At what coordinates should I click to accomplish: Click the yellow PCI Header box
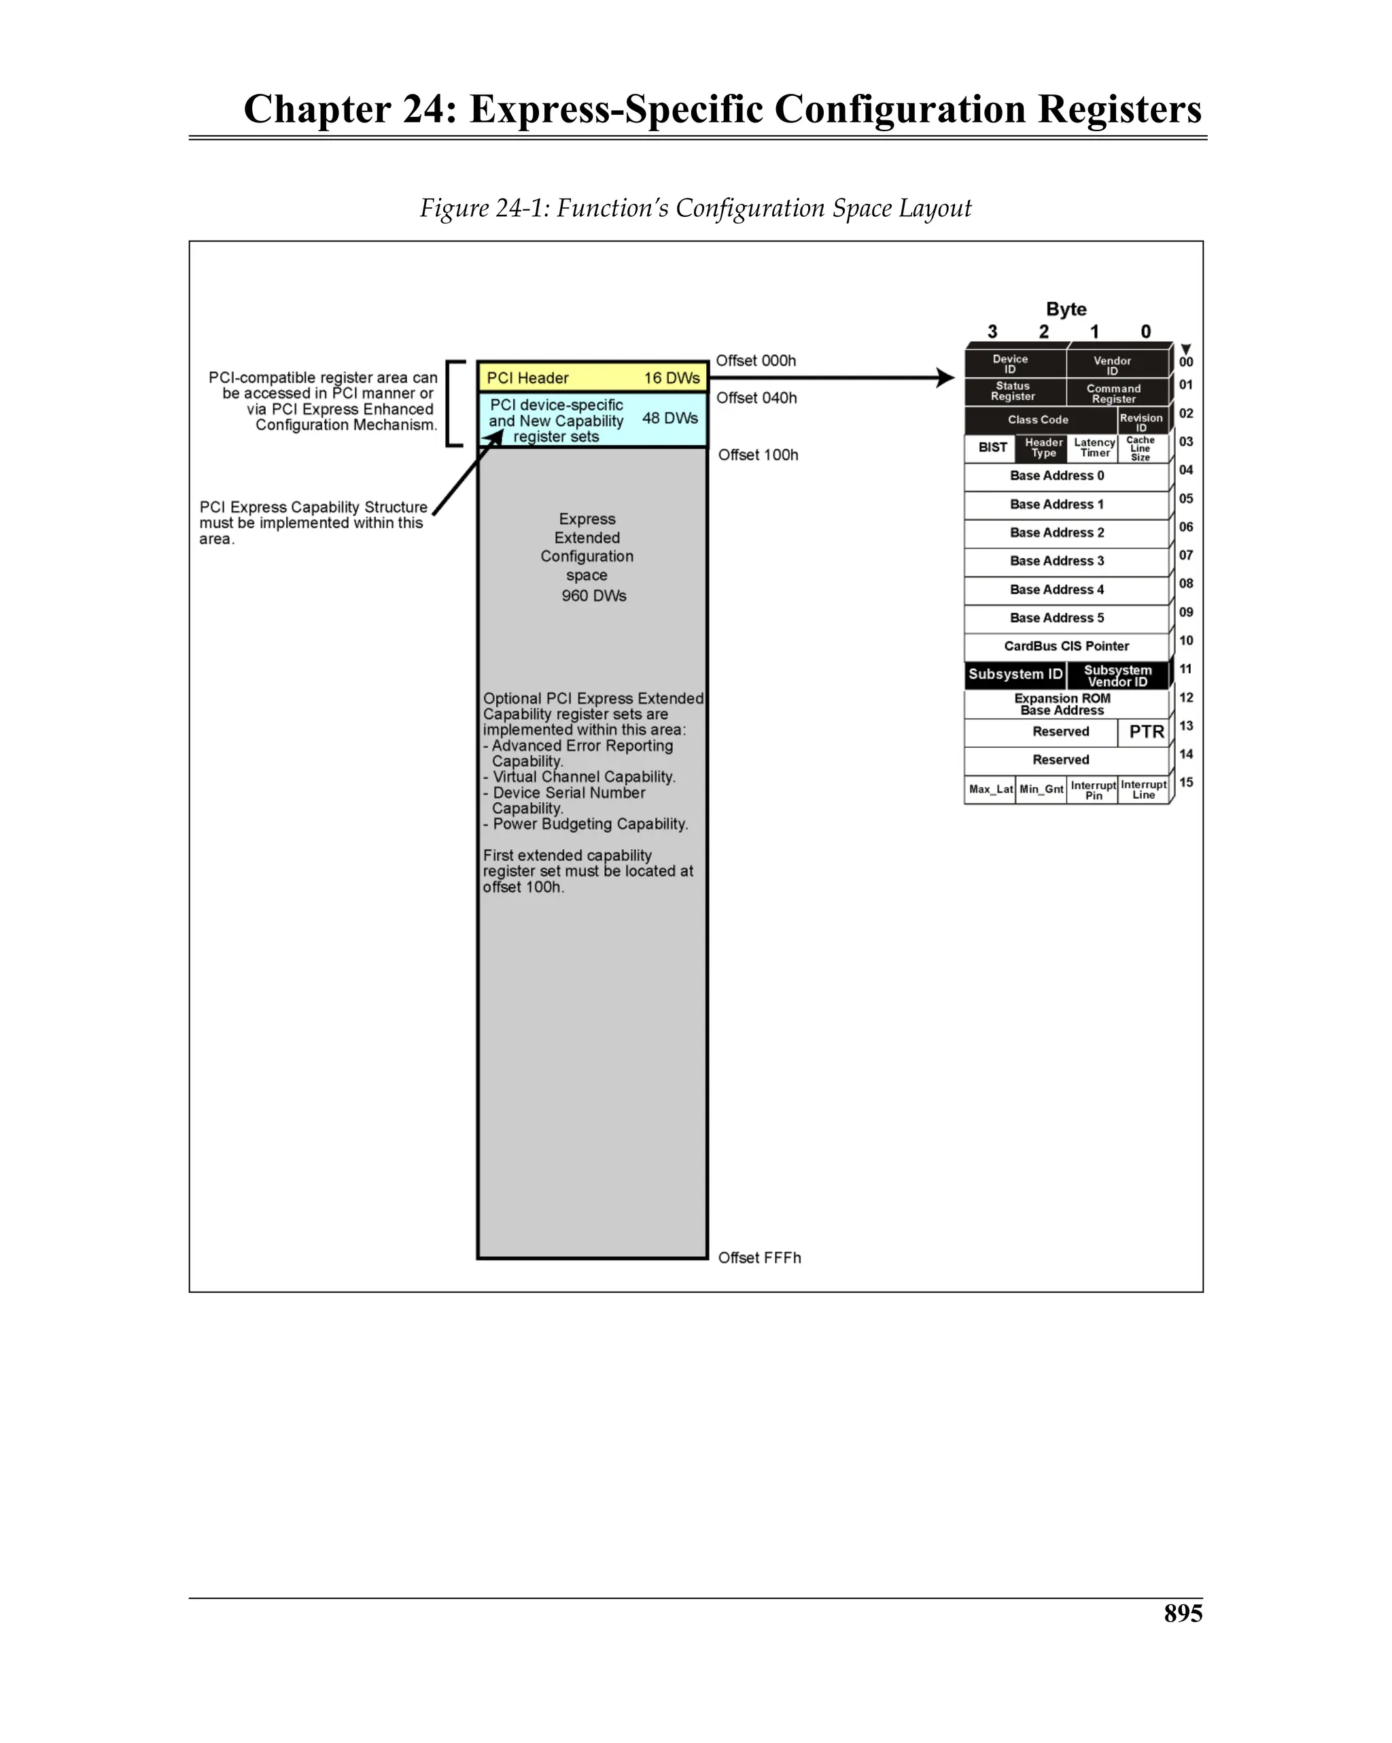(x=592, y=377)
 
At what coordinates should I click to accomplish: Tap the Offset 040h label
(x=756, y=398)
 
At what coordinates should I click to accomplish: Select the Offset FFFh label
(x=759, y=1257)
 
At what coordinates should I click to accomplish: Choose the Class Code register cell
(x=1038, y=419)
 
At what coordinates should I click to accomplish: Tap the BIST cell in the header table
(x=992, y=448)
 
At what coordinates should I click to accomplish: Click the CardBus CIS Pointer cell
(x=1066, y=646)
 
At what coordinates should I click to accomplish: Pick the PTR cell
(x=1145, y=731)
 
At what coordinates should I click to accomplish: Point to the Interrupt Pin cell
(x=1092, y=790)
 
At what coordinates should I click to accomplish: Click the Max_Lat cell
(x=990, y=789)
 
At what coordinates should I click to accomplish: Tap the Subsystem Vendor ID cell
(x=1117, y=675)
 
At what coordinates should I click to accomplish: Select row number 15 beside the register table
(x=1186, y=782)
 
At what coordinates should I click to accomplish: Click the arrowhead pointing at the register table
(x=945, y=377)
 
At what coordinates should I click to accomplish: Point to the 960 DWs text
(x=593, y=596)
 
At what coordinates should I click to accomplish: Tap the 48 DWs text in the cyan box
(x=669, y=418)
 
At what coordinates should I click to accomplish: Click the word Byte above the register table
(x=1066, y=309)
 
